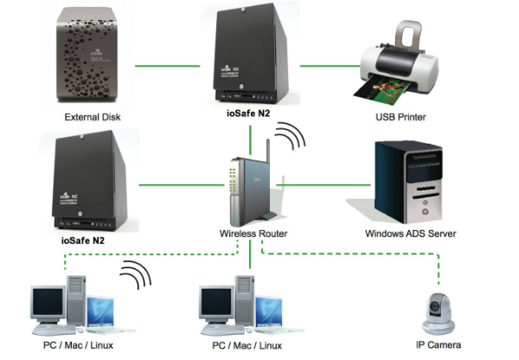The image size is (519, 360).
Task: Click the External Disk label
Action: click(91, 116)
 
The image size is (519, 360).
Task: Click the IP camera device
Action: click(439, 312)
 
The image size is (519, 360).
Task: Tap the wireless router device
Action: click(246, 186)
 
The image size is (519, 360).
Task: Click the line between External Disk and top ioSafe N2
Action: click(168, 65)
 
